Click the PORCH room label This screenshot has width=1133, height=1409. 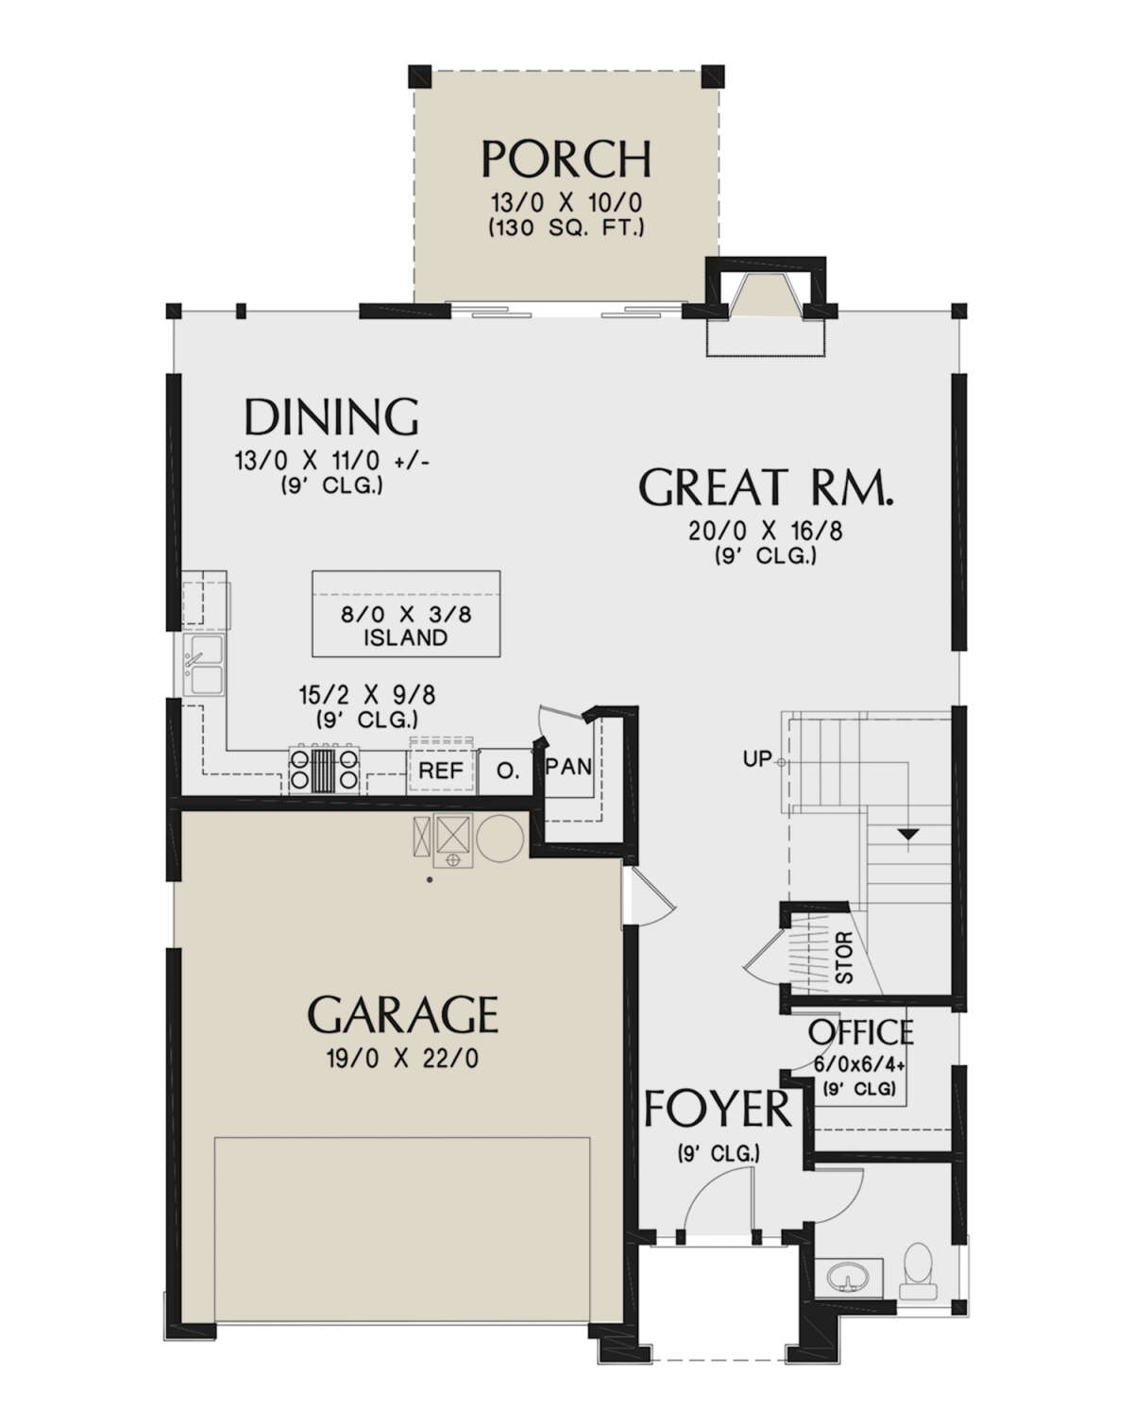click(566, 159)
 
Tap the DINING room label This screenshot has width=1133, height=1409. click(331, 416)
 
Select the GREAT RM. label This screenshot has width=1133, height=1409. click(766, 486)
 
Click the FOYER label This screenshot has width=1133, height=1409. click(718, 1109)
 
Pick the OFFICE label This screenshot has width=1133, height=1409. click(861, 1032)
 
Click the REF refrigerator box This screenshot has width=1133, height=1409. click(441, 771)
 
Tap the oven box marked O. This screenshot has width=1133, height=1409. click(508, 772)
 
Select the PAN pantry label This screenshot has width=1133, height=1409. click(568, 766)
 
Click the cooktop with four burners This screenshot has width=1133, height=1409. click(324, 769)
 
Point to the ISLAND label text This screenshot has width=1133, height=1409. click(406, 637)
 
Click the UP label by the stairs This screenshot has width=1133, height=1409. click(757, 759)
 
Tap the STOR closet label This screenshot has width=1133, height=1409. click(844, 958)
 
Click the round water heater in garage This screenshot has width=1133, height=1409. click(499, 838)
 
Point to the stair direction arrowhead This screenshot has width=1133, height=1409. click(908, 835)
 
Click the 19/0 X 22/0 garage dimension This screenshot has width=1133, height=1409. click(402, 1060)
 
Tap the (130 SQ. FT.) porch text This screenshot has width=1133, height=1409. click(566, 228)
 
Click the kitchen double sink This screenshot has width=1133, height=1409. click(204, 664)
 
